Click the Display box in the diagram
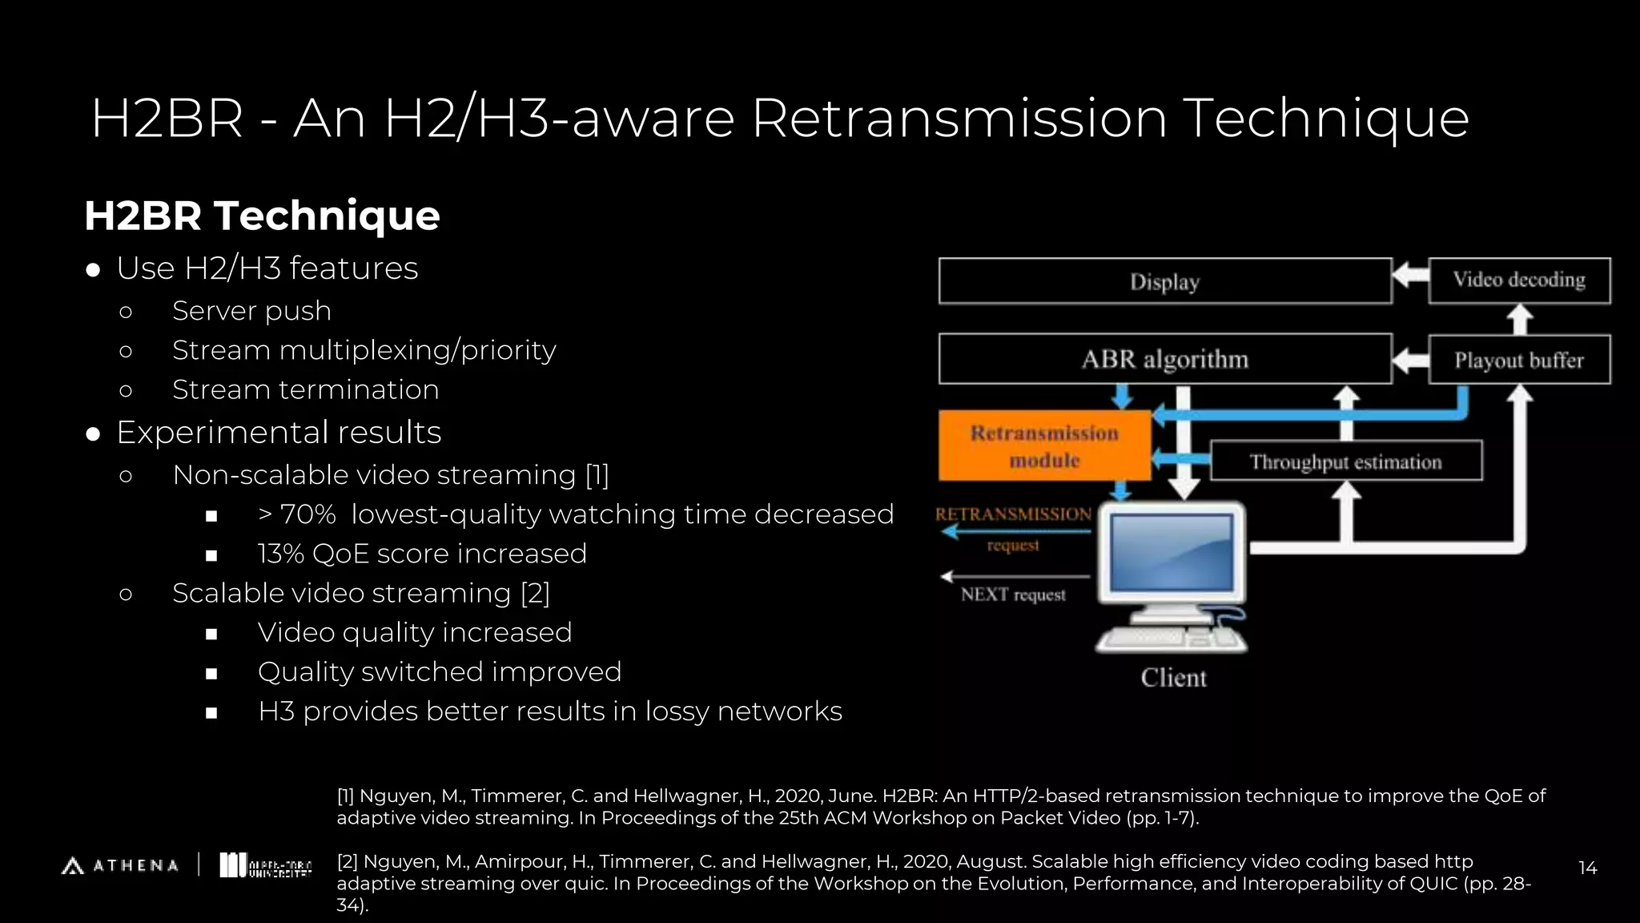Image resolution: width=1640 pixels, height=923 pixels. click(x=1165, y=281)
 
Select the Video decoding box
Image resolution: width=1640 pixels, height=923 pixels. click(x=1519, y=280)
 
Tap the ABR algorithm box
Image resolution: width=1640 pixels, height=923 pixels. click(x=1165, y=359)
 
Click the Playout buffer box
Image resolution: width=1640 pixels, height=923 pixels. click(x=1519, y=361)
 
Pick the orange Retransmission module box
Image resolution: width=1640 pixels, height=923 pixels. click(x=1044, y=446)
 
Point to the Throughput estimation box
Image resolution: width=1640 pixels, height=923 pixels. click(x=1345, y=461)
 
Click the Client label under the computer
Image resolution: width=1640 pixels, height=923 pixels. click(x=1173, y=678)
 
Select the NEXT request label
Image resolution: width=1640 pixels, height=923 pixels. click(x=1013, y=595)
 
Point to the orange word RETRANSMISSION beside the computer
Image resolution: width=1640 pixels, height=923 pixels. click(x=1013, y=514)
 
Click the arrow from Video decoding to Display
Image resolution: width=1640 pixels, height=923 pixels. click(x=1410, y=276)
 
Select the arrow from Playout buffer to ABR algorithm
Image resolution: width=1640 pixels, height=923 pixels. click(x=1410, y=360)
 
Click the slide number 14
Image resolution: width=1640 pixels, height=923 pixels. click(x=1587, y=868)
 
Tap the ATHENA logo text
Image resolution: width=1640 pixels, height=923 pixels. click(x=135, y=866)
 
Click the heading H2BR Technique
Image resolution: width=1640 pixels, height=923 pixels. click(x=262, y=216)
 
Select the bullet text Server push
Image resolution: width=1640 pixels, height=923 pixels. click(x=251, y=311)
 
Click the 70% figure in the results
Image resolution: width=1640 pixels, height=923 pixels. click(x=307, y=514)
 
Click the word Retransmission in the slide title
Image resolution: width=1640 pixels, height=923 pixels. click(x=959, y=119)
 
